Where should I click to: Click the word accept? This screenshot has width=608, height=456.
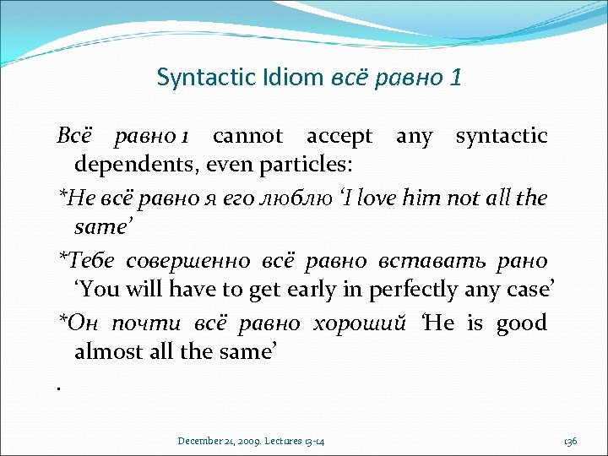pyautogui.click(x=339, y=135)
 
